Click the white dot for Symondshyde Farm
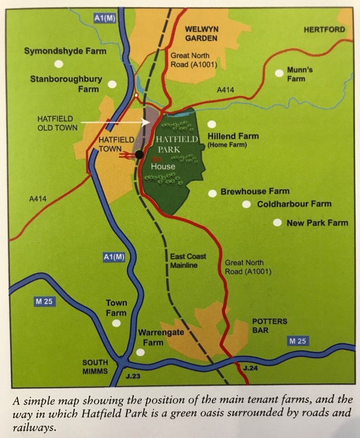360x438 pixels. [x=58, y=63]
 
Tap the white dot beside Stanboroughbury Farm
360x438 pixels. [x=112, y=84]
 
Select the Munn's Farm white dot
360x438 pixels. [x=279, y=73]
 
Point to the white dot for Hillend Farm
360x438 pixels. [x=212, y=124]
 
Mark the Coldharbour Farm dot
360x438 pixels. [x=246, y=204]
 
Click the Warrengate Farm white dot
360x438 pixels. [x=140, y=352]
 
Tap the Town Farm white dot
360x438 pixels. [x=116, y=323]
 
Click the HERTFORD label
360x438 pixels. [x=324, y=30]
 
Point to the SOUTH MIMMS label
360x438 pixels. [x=95, y=367]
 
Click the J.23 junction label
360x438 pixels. [x=133, y=376]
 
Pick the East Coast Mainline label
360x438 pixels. [x=188, y=261]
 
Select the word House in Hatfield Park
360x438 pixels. [x=163, y=166]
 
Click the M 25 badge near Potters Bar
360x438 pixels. [x=298, y=341]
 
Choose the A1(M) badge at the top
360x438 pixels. [x=103, y=18]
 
